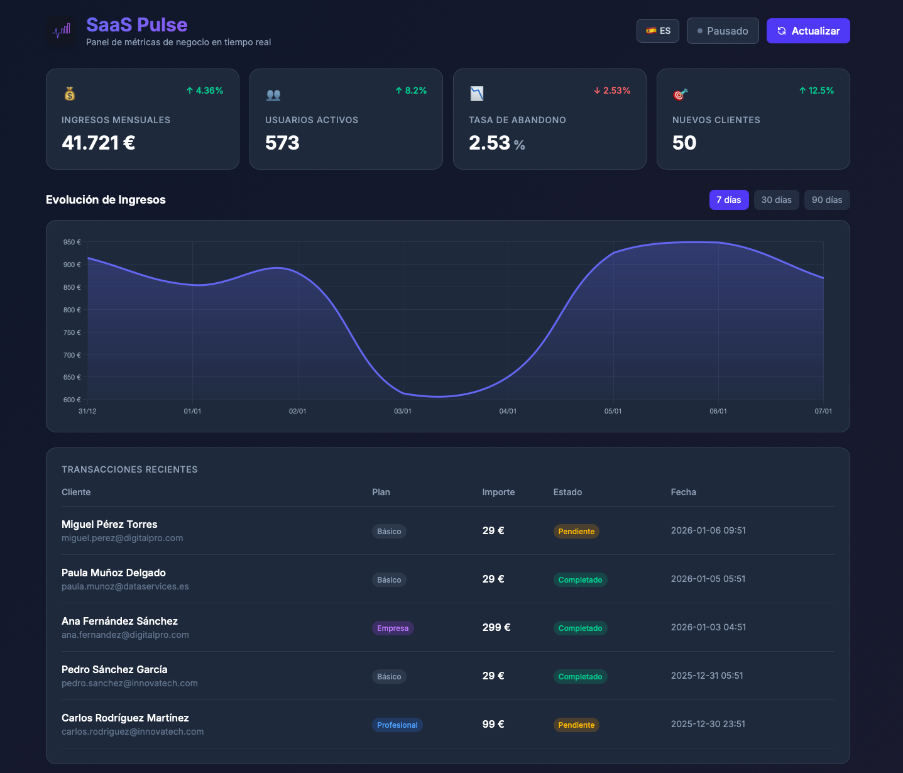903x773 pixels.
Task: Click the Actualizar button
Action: click(807, 31)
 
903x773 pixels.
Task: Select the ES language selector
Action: click(657, 31)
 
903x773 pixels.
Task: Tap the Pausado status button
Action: click(723, 31)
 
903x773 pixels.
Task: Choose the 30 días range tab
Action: click(776, 200)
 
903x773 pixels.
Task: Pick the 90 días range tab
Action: click(826, 200)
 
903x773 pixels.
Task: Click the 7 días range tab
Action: click(729, 200)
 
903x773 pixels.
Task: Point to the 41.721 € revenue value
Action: click(99, 143)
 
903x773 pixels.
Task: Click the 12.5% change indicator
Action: click(816, 90)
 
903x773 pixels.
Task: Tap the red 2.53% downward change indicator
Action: click(612, 90)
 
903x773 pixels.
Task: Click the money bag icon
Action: click(70, 94)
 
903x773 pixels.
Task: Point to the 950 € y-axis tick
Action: click(72, 242)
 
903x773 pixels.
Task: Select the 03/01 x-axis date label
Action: click(403, 411)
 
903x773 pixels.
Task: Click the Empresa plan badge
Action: click(393, 628)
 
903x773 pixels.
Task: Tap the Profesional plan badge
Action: click(397, 725)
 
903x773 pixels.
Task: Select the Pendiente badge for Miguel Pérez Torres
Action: click(576, 532)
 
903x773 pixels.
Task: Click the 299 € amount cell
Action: click(496, 627)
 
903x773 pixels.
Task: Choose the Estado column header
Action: click(567, 492)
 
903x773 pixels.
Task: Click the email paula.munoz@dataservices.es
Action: click(125, 586)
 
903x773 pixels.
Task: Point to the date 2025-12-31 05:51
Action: click(707, 676)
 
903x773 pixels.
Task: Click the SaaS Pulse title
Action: click(136, 25)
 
